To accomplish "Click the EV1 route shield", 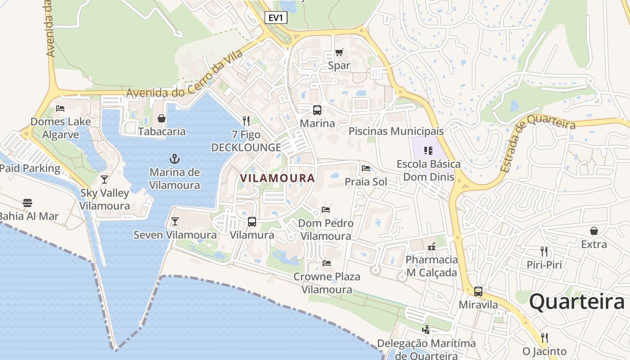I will (275, 18).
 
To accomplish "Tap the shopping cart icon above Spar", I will (339, 52).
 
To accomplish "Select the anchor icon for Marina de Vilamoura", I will (174, 158).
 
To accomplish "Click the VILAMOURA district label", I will (277, 178).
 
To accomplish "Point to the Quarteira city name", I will (576, 301).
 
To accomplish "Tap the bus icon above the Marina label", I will (317, 110).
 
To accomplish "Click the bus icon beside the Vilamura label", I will (252, 221).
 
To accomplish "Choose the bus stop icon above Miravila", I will (478, 291).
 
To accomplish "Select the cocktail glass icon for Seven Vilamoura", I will (175, 221).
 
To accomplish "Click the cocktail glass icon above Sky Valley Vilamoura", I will (104, 179).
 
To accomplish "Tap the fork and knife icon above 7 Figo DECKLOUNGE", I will (246, 121).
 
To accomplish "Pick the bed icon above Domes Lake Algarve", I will (60, 108).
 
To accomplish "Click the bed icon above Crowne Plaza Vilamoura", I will (327, 263).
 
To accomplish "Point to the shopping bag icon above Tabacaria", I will (162, 118).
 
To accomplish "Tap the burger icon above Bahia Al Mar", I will (27, 202).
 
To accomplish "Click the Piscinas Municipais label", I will (396, 131).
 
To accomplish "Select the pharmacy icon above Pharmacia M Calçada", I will (431, 246).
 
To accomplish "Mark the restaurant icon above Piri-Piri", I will (544, 251).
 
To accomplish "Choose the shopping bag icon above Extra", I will (594, 231).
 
